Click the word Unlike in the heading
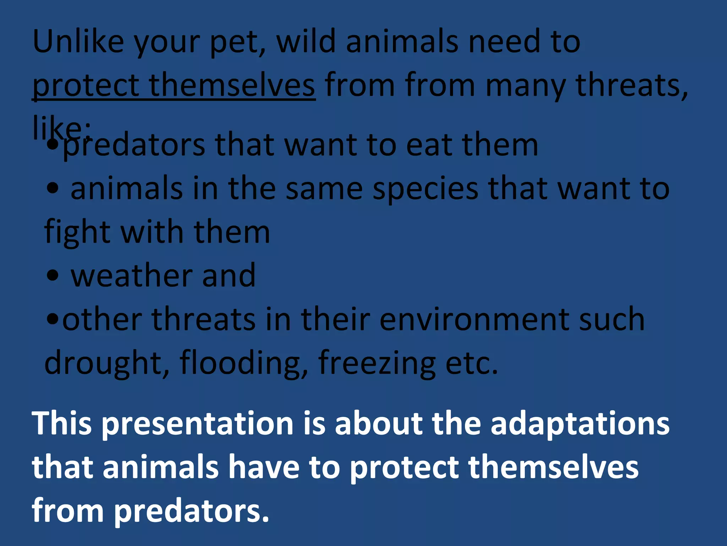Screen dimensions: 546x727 point(78,42)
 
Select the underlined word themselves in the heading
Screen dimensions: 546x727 point(232,85)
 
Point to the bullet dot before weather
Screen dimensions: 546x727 point(53,275)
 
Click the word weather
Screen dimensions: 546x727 point(131,275)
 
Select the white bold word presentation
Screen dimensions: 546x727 point(197,424)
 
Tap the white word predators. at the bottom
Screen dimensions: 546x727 point(192,511)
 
